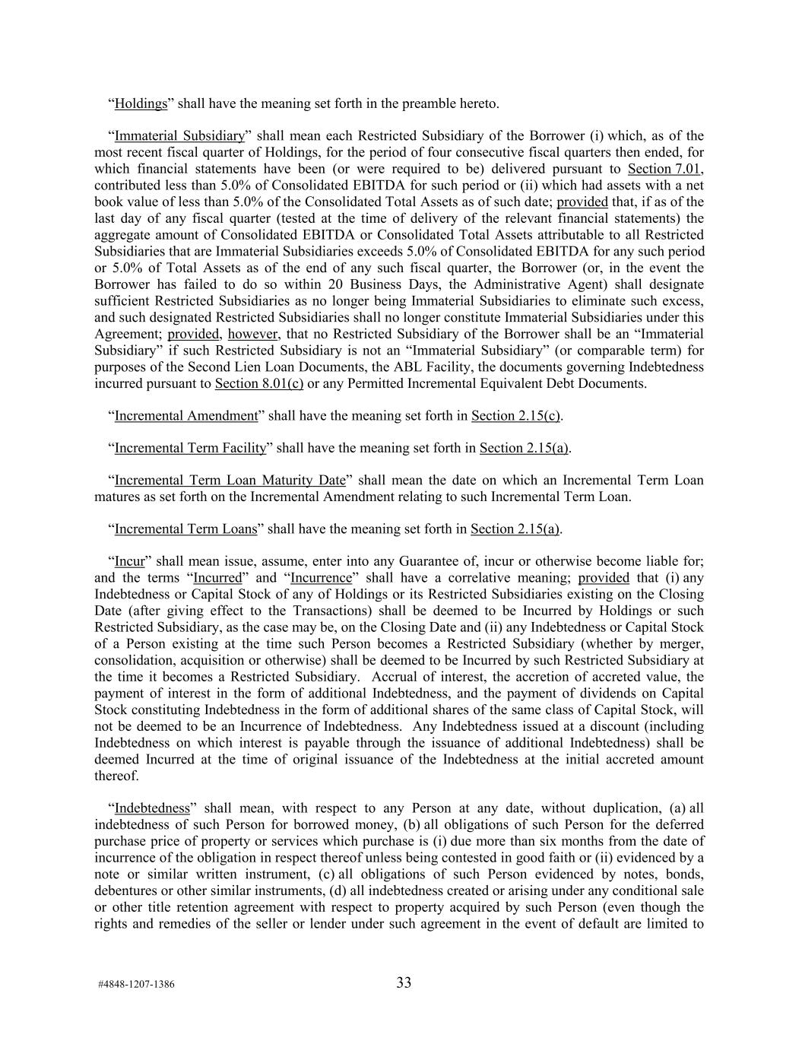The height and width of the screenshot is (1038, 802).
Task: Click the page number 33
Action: coord(404,982)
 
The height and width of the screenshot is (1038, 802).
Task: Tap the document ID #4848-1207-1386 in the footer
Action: coord(136,984)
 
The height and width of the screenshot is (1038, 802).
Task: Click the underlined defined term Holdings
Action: coord(141,103)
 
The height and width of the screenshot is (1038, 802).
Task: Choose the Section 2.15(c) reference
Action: coord(517,415)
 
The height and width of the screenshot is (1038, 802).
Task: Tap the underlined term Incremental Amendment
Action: coord(186,415)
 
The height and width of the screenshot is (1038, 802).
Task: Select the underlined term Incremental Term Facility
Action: coord(190,448)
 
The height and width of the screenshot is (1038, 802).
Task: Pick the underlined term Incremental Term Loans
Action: coord(185,529)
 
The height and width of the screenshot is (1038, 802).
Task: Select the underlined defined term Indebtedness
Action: coord(152,808)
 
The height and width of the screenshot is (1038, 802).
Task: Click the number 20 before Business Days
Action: coord(337,284)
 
